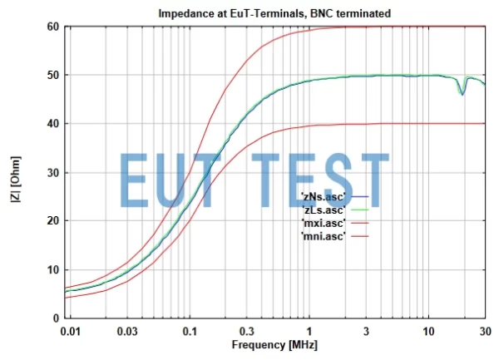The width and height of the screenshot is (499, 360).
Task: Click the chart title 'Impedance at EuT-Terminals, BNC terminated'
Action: (274, 14)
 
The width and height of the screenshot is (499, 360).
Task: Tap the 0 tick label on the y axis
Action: (54, 318)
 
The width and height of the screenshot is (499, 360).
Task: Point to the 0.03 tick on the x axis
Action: (128, 330)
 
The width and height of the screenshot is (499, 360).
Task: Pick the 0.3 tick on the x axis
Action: (247, 330)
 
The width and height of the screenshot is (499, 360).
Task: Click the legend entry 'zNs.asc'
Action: (322, 195)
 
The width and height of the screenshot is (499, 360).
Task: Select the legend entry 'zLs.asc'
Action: (322, 209)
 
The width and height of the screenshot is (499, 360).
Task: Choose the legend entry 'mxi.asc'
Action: (322, 223)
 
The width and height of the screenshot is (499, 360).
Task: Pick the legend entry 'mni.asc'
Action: (322, 237)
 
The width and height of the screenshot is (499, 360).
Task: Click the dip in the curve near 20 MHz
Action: (462, 94)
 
